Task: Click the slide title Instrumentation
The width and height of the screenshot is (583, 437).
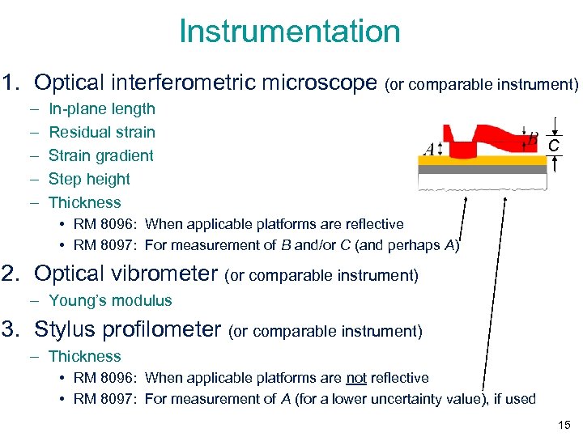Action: click(290, 32)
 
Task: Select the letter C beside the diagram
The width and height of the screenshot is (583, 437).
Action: click(554, 146)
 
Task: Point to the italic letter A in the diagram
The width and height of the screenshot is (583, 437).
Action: click(428, 149)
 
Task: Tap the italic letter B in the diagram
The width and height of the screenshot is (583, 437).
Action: click(532, 139)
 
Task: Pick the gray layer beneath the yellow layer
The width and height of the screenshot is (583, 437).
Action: click(483, 170)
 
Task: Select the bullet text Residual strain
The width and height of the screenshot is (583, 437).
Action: click(101, 132)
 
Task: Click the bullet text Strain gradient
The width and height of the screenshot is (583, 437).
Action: click(100, 155)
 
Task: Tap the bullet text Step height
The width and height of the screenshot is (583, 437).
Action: click(89, 179)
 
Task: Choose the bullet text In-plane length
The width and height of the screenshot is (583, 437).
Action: click(101, 108)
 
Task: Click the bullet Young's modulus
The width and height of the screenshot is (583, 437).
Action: click(110, 300)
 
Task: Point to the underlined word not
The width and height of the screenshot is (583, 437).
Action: click(355, 378)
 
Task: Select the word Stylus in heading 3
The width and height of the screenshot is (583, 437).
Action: click(69, 329)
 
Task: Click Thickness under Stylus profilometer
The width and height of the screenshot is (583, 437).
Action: click(84, 356)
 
